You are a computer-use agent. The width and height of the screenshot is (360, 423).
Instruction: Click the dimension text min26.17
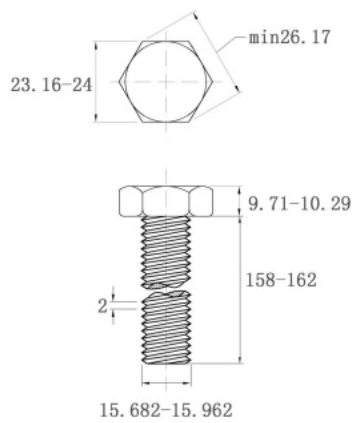pyautogui.click(x=290, y=37)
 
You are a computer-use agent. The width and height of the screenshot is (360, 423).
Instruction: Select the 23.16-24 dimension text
pyautogui.click(x=51, y=85)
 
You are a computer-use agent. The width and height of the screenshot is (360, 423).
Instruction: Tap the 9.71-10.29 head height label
pyautogui.click(x=299, y=203)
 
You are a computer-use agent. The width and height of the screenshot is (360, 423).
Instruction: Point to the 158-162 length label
pyautogui.click(x=281, y=280)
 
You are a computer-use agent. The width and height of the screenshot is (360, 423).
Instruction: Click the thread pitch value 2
pyautogui.click(x=103, y=306)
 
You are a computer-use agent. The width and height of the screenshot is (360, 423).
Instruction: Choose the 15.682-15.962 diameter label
pyautogui.click(x=166, y=410)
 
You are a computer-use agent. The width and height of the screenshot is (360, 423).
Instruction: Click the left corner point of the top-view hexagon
pyautogui.click(x=120, y=81)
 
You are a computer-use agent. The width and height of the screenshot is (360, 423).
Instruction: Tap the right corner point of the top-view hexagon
pyautogui.click(x=213, y=81)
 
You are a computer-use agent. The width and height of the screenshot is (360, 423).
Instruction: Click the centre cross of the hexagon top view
pyautogui.click(x=166, y=81)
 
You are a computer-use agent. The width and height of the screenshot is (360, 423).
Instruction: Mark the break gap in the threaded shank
pyautogui.click(x=166, y=290)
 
